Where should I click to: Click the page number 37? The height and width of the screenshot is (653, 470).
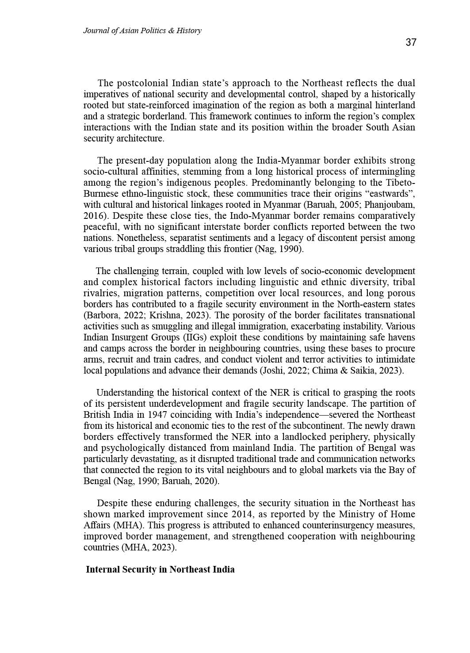[x=411, y=42]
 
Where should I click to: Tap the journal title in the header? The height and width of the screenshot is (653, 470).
[x=142, y=31]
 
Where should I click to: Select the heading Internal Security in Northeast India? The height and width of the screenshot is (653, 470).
[x=160, y=569]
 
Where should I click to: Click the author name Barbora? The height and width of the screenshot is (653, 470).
[x=103, y=315]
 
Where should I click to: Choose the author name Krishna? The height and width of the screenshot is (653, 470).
[x=164, y=315]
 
